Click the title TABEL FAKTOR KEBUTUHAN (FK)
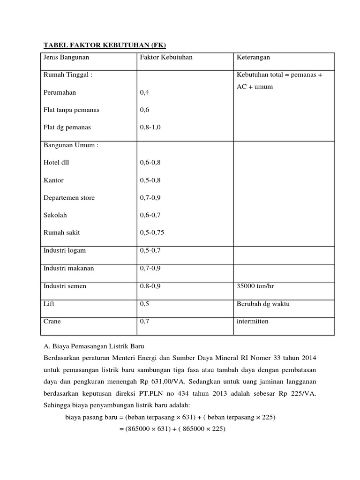click(105, 45)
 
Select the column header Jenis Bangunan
click(66, 58)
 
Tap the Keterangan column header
click(253, 58)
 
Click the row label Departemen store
click(69, 198)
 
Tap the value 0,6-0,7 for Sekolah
click(150, 215)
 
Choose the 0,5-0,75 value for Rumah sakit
click(152, 232)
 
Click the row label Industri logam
click(65, 250)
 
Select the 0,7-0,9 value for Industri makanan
click(150, 268)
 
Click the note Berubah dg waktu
click(263, 304)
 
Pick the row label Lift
click(49, 304)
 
